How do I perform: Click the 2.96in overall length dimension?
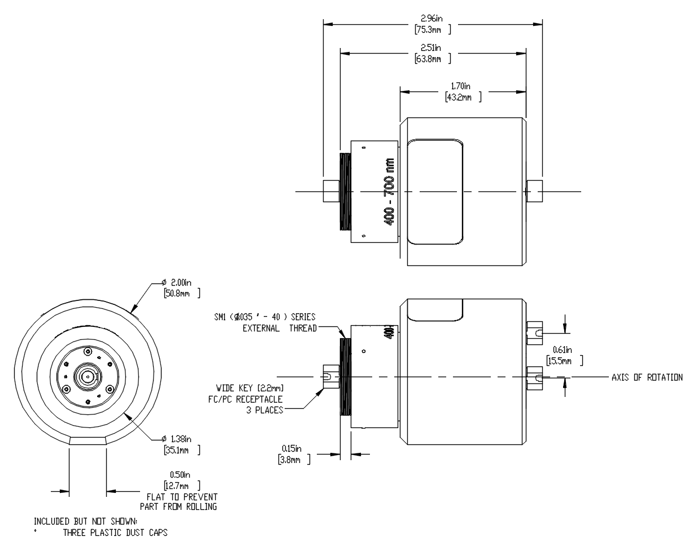pyautogui.click(x=432, y=18)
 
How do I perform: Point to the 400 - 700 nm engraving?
pyautogui.click(x=389, y=192)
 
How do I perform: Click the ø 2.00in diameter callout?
pyautogui.click(x=180, y=282)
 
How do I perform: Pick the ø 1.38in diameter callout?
pyautogui.click(x=180, y=439)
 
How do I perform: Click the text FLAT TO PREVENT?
pyautogui.click(x=182, y=497)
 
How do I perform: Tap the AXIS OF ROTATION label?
pyautogui.click(x=647, y=377)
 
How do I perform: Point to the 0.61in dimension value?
pyautogui.click(x=563, y=350)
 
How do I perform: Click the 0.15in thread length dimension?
pyautogui.click(x=292, y=449)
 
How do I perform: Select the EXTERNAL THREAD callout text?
pyautogui.click(x=280, y=328)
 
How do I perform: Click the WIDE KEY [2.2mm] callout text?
pyautogui.click(x=250, y=388)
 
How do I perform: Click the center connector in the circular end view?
pyautogui.click(x=88, y=376)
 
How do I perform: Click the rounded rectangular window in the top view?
pyautogui.click(x=435, y=192)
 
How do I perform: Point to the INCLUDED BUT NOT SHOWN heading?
pyautogui.click(x=85, y=521)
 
